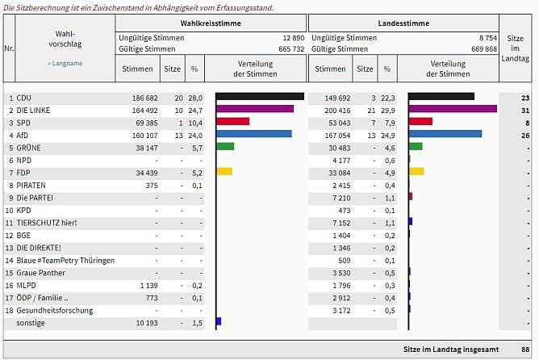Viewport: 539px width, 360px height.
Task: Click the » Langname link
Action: pyautogui.click(x=65, y=62)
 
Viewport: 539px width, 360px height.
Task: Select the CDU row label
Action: pyautogui.click(x=24, y=97)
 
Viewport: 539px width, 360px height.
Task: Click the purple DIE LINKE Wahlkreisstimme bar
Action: pyautogui.click(x=255, y=109)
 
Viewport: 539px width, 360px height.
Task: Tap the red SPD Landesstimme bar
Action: pyautogui.click(x=421, y=122)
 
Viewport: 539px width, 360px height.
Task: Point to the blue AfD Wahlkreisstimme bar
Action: pyautogui.click(x=254, y=134)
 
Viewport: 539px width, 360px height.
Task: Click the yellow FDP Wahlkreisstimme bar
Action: pyautogui.click(x=224, y=172)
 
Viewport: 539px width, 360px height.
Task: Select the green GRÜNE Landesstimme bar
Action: pyautogui.click(x=416, y=147)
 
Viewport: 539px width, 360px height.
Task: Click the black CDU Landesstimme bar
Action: pyautogui.click(x=442, y=97)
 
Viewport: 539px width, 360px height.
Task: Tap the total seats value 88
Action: pyautogui.click(x=524, y=349)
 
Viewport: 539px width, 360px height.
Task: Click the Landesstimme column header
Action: pyautogui.click(x=403, y=23)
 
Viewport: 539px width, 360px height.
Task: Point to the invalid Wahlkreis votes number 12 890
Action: pyautogui.click(x=292, y=38)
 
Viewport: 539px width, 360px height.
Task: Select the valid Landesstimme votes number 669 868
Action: pyautogui.click(x=484, y=49)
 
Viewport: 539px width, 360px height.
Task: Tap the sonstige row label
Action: pyautogui.click(x=31, y=323)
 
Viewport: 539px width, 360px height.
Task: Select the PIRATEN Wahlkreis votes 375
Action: pyautogui.click(x=145, y=185)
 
